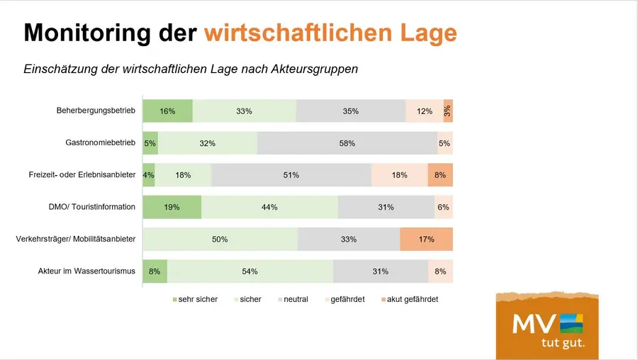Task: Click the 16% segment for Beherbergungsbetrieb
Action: click(x=167, y=111)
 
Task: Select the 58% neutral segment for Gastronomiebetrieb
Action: click(x=347, y=143)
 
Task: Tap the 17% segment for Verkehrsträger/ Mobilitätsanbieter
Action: click(x=426, y=240)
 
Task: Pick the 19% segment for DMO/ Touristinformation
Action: click(x=172, y=208)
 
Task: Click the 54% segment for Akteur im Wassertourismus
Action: click(x=250, y=271)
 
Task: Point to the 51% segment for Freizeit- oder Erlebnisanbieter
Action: click(x=291, y=175)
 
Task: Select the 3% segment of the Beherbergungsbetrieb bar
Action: click(x=447, y=111)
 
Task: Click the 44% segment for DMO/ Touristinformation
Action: click(x=269, y=208)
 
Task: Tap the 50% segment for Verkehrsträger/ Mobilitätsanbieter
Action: click(x=220, y=240)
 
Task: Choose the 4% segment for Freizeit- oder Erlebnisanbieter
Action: click(x=148, y=175)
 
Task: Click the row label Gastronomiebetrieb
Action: click(x=100, y=142)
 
